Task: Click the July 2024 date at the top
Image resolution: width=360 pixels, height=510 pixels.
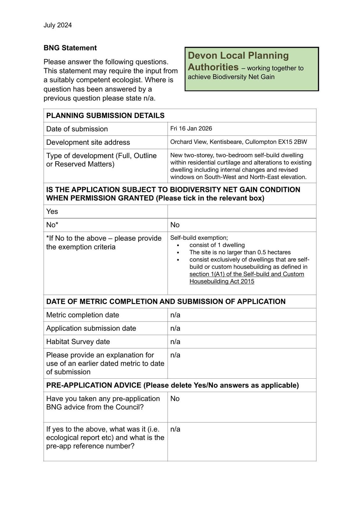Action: coord(58,25)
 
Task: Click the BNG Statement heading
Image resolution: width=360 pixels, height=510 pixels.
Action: coord(70,48)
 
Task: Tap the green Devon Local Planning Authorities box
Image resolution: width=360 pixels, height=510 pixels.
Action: coord(252,69)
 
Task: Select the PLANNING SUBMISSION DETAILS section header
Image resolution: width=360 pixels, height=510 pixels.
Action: coord(105,115)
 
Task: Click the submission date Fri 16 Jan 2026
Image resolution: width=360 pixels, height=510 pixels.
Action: coord(191,128)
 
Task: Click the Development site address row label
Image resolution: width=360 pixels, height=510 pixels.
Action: coord(88,142)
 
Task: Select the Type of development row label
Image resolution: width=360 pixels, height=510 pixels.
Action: coord(101,160)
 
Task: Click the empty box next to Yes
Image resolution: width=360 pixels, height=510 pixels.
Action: coord(241,211)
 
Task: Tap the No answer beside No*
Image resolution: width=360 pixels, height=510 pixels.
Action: coord(175,225)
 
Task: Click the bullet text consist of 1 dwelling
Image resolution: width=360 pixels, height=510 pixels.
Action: coord(217,245)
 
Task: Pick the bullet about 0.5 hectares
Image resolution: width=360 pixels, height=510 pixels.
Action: coord(240,252)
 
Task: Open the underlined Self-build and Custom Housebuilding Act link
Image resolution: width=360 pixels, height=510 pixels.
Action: coord(247,278)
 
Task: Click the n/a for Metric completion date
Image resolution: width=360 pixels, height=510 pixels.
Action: coord(175,315)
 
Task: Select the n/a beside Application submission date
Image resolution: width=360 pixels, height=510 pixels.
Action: coord(175,328)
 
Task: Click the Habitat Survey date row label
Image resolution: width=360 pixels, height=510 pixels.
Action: coord(78,342)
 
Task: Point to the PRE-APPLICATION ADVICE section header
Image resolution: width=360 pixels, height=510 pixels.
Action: coord(172,385)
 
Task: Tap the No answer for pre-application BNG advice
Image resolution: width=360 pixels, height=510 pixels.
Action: coord(175,398)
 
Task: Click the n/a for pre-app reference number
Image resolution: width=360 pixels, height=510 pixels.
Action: coord(175,429)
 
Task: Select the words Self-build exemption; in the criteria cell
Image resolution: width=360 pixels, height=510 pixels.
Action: coord(199,237)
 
